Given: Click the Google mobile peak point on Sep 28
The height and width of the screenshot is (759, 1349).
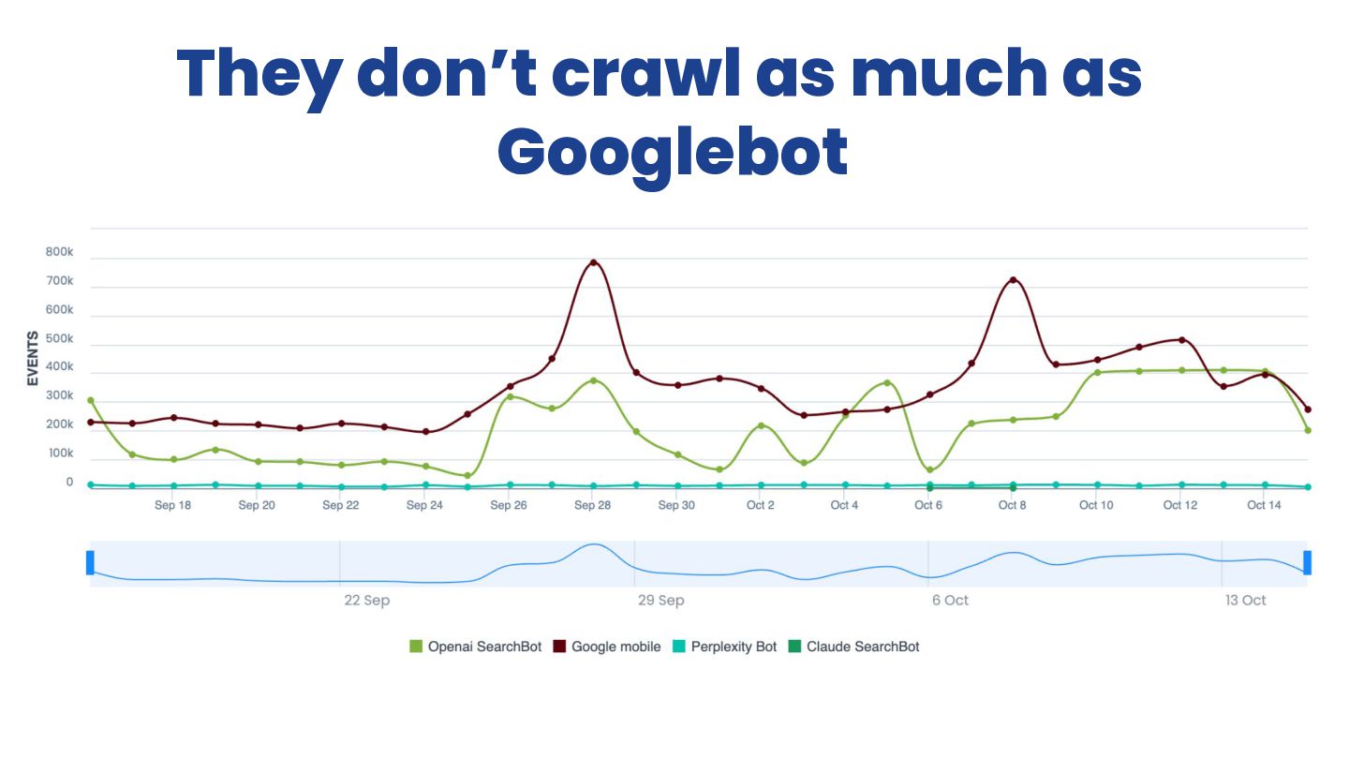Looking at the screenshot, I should (593, 262).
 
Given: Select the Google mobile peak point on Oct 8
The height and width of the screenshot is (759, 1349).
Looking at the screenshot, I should (1013, 280).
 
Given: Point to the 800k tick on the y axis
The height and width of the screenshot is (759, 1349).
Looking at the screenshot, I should (59, 252).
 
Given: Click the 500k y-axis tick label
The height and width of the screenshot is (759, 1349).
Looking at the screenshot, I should (59, 338).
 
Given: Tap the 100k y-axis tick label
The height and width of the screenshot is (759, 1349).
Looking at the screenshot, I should (59, 454).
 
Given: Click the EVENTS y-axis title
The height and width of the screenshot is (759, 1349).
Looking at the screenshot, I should (33, 358).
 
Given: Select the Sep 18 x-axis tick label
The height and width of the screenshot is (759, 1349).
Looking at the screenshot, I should (172, 505).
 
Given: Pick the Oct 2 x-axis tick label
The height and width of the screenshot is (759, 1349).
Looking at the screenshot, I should (761, 505).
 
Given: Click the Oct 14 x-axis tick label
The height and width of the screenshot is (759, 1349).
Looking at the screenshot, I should (1264, 505).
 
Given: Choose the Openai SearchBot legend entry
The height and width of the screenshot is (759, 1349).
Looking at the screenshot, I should (476, 647).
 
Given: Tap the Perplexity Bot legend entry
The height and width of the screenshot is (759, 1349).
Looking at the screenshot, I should (725, 647).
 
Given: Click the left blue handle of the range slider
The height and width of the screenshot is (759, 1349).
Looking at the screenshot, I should (90, 562).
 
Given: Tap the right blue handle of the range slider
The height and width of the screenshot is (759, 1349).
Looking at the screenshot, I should (1307, 562).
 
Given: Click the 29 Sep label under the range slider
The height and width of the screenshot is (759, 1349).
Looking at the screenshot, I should (661, 601).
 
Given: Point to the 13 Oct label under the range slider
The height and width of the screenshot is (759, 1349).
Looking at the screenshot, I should (1246, 601).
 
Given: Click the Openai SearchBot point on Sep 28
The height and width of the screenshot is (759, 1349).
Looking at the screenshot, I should (593, 380).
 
